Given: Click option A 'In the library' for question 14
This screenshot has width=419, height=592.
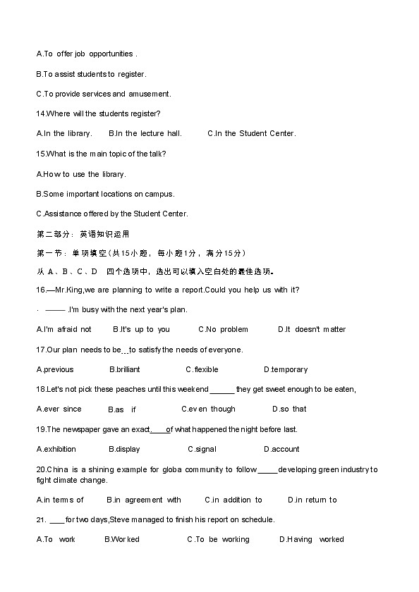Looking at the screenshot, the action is (63, 134).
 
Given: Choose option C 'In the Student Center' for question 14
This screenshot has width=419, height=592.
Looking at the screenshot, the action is (252, 134).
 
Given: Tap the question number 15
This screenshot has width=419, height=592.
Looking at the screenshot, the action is (40, 154).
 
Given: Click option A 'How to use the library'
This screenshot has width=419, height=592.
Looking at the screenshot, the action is (80, 174).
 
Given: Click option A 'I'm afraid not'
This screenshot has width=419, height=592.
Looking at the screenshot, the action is (63, 329).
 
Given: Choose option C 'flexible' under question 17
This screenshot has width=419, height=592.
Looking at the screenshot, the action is (202, 369).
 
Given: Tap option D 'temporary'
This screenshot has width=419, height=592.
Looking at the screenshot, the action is (286, 369).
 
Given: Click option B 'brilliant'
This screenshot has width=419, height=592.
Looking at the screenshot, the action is (125, 369).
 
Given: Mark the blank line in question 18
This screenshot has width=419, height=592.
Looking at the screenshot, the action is (222, 390).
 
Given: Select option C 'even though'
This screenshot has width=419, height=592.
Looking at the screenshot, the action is (209, 409).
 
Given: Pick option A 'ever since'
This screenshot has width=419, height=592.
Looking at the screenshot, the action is (59, 409).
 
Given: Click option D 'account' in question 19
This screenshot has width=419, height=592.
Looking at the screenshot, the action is (281, 449).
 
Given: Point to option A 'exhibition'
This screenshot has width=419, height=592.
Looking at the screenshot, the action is (56, 449).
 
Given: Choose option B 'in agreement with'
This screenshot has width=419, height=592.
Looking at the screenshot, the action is (144, 500).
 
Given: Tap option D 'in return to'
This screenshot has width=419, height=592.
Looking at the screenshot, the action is (312, 500).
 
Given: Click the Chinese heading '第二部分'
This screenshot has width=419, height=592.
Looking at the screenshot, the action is (54, 234).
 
